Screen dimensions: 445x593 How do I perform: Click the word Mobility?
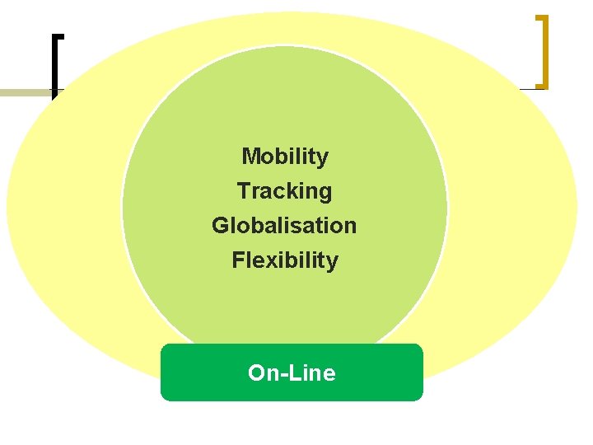point(285,156)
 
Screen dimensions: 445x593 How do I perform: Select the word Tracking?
point(284,191)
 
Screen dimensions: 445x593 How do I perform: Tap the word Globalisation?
point(284,225)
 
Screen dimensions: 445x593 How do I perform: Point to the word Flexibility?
point(285,260)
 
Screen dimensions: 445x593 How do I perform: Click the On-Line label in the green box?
point(292,372)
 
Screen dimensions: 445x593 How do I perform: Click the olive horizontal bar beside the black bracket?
point(25,92)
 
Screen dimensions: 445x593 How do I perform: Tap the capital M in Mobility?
point(250,156)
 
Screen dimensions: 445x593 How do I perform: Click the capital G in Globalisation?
point(221,225)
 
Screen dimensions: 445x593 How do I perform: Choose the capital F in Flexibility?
point(238,260)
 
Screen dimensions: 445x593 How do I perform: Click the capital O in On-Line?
point(256,372)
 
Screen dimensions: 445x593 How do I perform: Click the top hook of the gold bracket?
point(540,16)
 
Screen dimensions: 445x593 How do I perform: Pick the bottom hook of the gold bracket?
point(540,85)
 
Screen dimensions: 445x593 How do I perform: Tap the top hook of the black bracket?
point(58,36)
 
